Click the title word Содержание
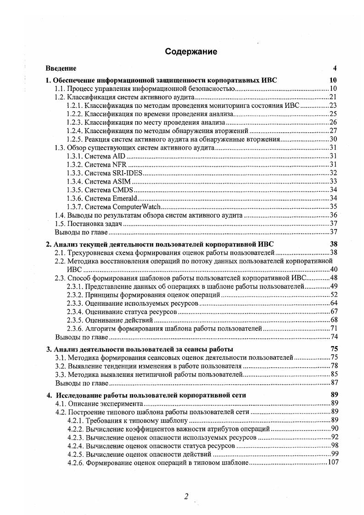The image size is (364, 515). (x=191, y=51)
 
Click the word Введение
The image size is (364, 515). (x=61, y=69)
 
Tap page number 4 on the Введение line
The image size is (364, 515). (x=335, y=69)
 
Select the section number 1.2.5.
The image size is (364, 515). (x=74, y=139)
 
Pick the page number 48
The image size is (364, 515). (x=334, y=278)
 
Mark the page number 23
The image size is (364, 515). (x=334, y=105)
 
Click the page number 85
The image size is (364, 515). (x=334, y=374)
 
